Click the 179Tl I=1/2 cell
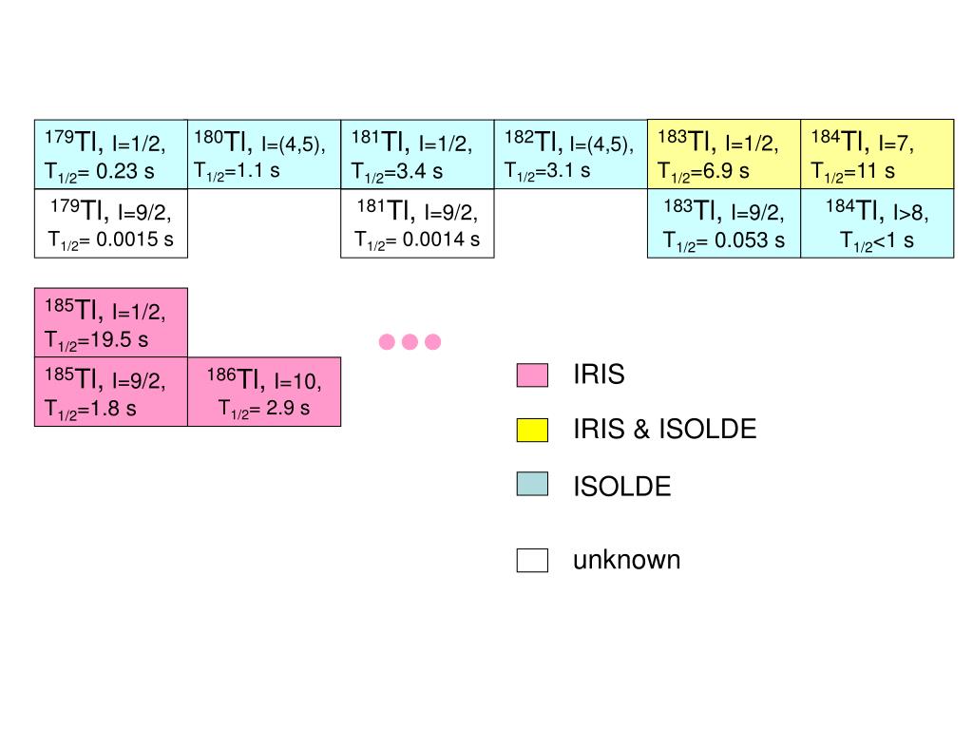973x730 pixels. pos(110,155)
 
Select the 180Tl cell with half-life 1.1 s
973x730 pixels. pos(263,155)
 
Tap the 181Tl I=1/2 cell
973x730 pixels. pos(417,155)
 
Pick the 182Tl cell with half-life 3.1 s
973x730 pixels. pos(570,155)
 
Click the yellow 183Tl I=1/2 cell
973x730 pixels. pos(724,155)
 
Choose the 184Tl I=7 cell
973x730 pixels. pos(877,155)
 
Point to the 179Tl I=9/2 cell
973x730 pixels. pos(110,223)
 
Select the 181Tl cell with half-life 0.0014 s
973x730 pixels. pos(417,223)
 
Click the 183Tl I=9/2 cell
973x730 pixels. pos(724,223)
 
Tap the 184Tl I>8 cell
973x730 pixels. pos(877,223)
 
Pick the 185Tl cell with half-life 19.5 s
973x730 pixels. pos(110,322)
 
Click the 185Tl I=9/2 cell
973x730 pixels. pos(110,392)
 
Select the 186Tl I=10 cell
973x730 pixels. pos(263,392)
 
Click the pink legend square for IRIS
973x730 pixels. pos(532,375)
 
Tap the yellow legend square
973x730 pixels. pos(532,431)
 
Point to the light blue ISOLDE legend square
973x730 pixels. pos(532,485)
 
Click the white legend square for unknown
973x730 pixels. pos(532,561)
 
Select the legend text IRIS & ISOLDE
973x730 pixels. pos(664,430)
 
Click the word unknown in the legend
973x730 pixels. pos(626,560)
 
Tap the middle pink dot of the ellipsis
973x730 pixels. pos(410,342)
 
